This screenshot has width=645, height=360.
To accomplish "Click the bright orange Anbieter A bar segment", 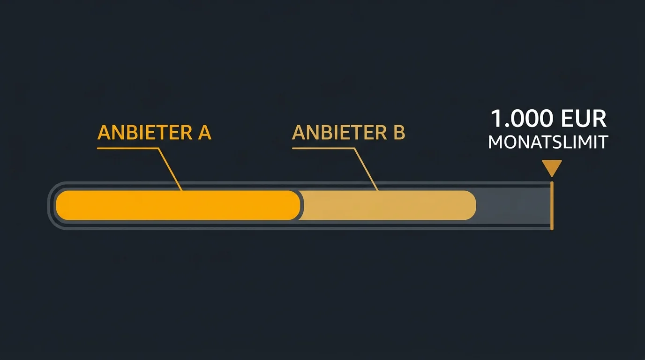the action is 178,205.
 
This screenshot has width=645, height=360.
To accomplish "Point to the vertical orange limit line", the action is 552,206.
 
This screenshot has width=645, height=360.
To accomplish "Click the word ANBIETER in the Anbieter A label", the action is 145,133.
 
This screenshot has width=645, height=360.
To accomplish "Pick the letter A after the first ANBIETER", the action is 205,133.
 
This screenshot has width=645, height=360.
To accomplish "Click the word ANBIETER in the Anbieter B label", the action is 339,133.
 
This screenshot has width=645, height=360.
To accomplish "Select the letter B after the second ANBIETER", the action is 399,133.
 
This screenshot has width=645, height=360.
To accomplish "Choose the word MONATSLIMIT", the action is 548,142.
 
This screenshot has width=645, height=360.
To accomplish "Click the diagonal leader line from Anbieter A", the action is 170,169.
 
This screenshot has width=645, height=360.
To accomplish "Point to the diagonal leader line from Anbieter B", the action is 366,169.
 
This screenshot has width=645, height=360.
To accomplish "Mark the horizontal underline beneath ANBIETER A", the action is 127,148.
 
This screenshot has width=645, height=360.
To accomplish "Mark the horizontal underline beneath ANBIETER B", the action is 323,148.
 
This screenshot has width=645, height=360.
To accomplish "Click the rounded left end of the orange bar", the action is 58,205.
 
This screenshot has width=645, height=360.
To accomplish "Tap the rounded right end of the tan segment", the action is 474,205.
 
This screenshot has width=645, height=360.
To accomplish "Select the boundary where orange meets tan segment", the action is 300,205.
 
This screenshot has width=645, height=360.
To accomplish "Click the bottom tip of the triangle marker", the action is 552,177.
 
